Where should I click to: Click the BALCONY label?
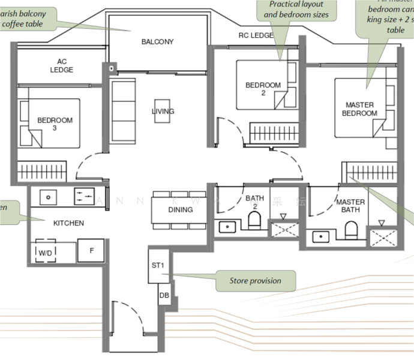pos(157,41)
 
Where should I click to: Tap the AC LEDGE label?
pos(62,66)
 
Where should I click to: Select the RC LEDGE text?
pos(256,35)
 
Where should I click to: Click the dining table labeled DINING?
pos(180,210)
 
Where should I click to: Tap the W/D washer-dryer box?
pos(46,252)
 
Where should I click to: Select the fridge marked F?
pos(91,251)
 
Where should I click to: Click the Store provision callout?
pos(255,281)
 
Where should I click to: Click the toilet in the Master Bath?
pos(351,230)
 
